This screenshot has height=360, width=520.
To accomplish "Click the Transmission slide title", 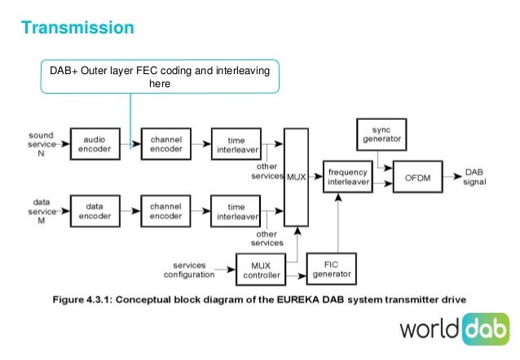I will coord(77,29).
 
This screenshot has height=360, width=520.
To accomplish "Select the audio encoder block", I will coord(95,143).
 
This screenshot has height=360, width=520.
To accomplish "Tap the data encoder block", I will coord(95,210).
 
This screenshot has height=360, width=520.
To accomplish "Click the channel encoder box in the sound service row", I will coord(165,143).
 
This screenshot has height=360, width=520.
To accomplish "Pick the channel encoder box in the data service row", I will coord(165,210).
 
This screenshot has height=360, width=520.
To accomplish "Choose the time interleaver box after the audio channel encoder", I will coord(236,143).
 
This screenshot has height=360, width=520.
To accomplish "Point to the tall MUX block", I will coord(296,177).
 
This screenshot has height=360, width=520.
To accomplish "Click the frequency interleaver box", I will coord(348,178).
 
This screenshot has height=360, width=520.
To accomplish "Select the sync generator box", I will coord(381,134).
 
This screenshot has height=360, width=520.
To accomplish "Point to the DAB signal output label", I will coord(474,178).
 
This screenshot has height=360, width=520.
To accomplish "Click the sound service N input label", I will coord(41,143).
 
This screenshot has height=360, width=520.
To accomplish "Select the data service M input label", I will coord(41,210).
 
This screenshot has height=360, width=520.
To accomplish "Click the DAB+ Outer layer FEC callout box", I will coord(161,76).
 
